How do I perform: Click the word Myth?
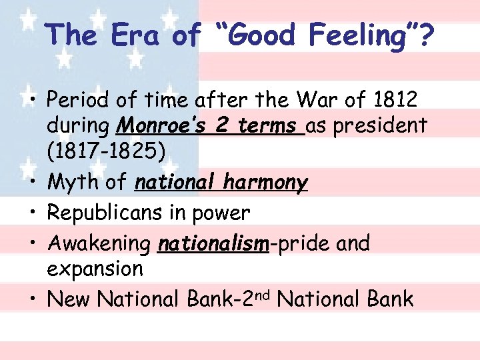(72, 182)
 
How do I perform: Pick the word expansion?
(95, 269)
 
